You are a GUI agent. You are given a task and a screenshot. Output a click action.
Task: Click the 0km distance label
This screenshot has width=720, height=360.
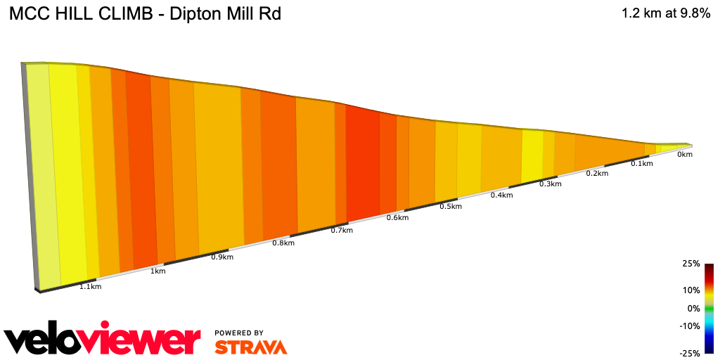coord(685,154)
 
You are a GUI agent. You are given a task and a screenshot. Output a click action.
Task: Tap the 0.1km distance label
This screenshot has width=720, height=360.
coord(641,164)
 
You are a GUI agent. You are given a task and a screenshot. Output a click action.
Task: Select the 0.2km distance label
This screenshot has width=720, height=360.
coord(597,174)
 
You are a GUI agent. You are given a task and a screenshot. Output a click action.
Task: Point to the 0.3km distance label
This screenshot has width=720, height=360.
coord(551,184)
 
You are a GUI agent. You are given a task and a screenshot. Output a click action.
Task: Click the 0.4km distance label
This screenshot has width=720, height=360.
coord(501,195)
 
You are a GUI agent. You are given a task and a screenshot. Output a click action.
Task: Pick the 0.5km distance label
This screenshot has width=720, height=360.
coord(451,206)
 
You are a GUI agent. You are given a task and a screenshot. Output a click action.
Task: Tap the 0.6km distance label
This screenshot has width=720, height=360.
coord(397,218)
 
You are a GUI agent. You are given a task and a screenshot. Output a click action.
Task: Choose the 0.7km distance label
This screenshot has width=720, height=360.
coord(342,231)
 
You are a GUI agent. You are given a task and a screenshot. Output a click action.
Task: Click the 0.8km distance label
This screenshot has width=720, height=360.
coord(283,243)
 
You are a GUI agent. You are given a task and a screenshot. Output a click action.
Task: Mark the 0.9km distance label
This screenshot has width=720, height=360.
coord(222,257)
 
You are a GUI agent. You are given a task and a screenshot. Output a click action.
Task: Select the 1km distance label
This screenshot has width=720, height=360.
coord(158,271)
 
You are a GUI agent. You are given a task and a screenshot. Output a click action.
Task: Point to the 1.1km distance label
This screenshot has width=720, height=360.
coord(90,287)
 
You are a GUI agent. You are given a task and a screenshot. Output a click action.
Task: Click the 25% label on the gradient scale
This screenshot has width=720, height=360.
coord(691,264)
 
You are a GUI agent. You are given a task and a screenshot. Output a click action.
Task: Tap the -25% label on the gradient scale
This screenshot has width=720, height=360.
coord(690,353)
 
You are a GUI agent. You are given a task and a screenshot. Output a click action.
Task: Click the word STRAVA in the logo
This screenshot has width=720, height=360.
coord(250,347)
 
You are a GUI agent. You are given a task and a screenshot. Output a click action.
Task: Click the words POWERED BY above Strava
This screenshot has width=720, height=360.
coord(239,333)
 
